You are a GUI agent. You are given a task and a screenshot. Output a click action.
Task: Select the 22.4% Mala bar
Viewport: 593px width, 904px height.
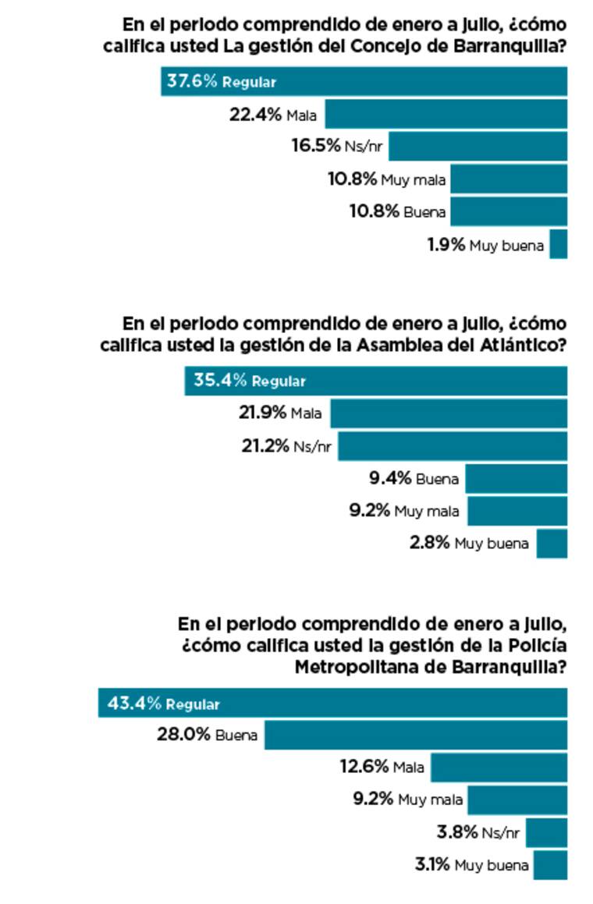coord(446,114)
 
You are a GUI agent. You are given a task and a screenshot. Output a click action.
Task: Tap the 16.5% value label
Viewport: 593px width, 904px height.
coord(316,146)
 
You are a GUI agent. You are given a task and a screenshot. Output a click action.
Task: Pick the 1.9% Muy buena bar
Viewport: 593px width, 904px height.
coord(558,244)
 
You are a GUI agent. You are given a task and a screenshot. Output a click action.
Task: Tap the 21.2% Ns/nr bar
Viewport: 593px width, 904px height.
coord(452,446)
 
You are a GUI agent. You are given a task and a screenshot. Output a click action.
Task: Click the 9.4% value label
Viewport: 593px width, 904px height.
coord(390,478)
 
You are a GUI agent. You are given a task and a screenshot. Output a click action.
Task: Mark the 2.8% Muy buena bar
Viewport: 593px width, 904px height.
coord(551,543)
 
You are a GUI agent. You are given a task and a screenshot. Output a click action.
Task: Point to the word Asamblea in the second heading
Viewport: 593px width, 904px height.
coord(396,346)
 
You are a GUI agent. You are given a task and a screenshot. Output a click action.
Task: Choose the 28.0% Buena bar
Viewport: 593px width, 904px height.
coord(415,736)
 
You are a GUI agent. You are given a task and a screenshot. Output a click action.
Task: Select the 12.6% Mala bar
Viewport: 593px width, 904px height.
coord(499,768)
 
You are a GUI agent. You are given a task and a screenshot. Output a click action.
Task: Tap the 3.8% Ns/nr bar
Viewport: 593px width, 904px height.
coord(546,832)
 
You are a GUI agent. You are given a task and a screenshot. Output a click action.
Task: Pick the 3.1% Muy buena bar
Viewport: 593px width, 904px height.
coord(550,865)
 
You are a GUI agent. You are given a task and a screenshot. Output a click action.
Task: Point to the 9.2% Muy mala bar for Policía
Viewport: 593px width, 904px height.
coord(517,800)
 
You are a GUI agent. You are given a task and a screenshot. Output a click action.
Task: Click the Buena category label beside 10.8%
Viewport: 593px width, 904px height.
coord(424,212)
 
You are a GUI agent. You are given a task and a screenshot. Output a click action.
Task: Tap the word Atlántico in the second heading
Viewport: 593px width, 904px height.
coord(520,346)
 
